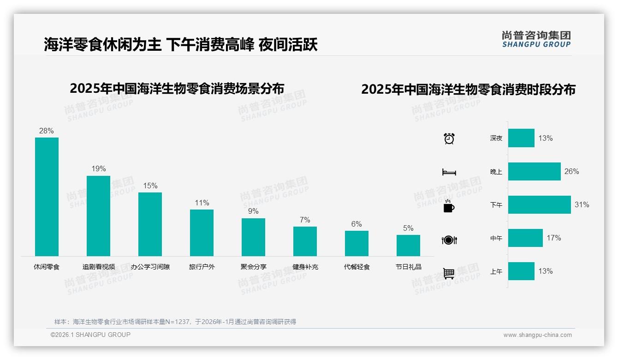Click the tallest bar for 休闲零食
coord(47,197)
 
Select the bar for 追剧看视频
coord(98,216)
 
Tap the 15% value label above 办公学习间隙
coord(150,186)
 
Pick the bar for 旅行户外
coord(202,233)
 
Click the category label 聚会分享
coord(253,267)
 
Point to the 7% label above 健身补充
coord(305,220)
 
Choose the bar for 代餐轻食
coord(357,243)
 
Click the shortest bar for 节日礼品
coord(408,246)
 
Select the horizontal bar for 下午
coord(539,204)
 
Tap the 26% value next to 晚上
coord(571,171)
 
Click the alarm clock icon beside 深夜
coord(449,138)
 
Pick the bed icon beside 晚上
coord(449,172)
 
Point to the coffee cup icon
coord(449,206)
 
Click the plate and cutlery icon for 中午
coord(449,240)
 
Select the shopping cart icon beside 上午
coord(449,273)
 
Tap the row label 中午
coord(496,238)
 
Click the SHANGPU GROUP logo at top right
coord(536,39)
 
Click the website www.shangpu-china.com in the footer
coord(537,335)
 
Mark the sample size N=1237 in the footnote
coord(177,322)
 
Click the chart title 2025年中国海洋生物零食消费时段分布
coord(468,89)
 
